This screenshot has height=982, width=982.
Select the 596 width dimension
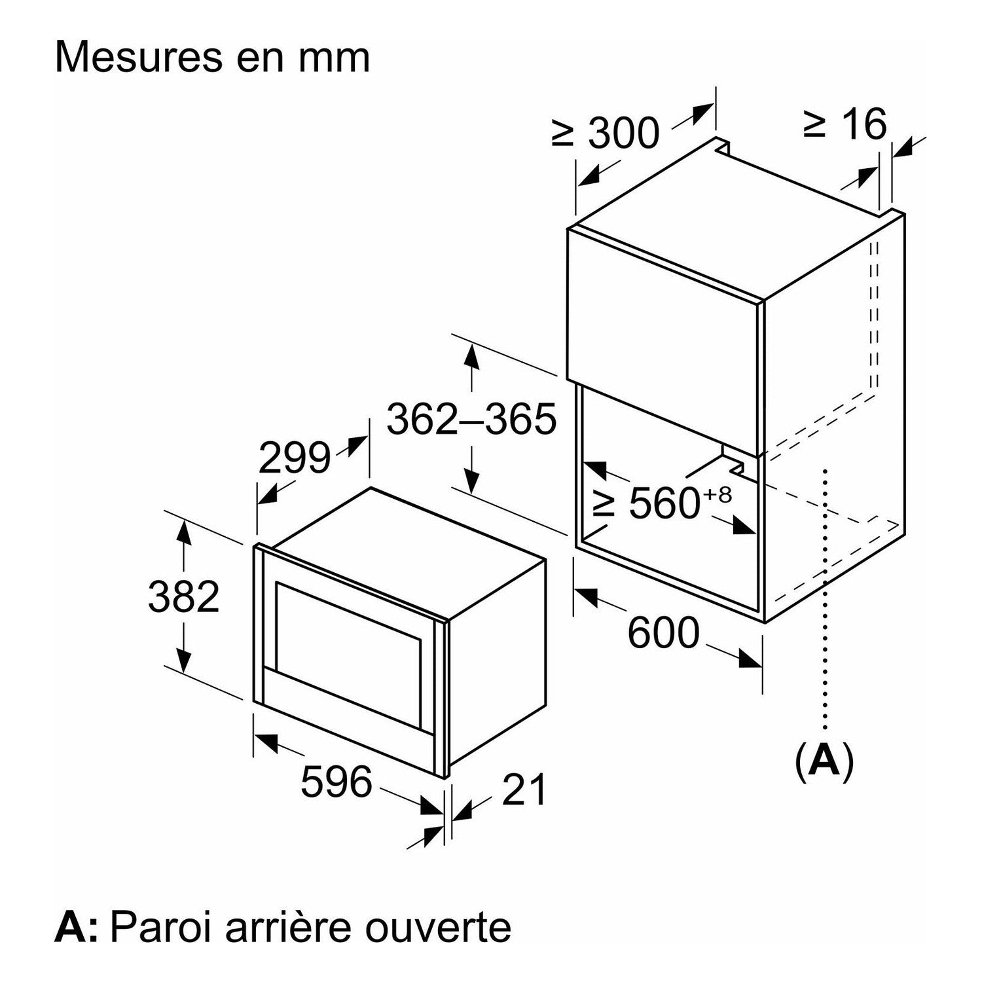pyautogui.click(x=336, y=781)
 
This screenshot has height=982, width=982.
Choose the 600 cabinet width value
pyautogui.click(x=664, y=633)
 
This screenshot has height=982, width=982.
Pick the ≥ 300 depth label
pyautogui.click(x=605, y=133)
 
